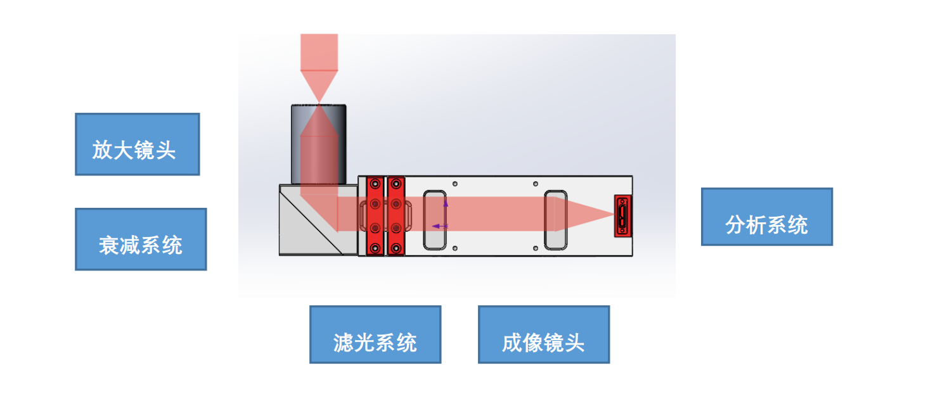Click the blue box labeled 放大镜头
[x=137, y=144]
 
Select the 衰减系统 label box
[x=141, y=239]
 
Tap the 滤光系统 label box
[x=375, y=334]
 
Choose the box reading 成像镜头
[x=543, y=334]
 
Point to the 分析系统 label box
[x=766, y=217]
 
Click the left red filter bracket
[x=375, y=216]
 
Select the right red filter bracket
[x=396, y=216]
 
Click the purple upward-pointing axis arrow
[x=446, y=203]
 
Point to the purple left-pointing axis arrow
[x=436, y=226]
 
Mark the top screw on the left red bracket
[x=375, y=184]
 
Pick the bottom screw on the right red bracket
[x=396, y=248]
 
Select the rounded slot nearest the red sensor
[x=555, y=219]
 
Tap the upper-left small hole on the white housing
[x=455, y=184]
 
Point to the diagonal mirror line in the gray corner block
[x=311, y=222]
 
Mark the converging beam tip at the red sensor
[x=612, y=215]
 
